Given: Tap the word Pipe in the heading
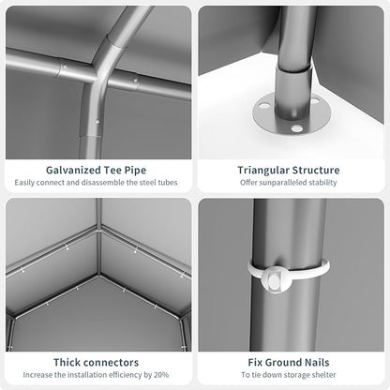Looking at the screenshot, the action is pyautogui.click(x=135, y=171).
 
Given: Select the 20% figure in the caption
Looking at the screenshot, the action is pyautogui.click(x=161, y=375).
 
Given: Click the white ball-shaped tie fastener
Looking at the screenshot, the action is pyautogui.click(x=275, y=280).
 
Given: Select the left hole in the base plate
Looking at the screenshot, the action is pyautogui.click(x=265, y=106).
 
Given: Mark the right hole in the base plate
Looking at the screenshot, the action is pyautogui.click(x=315, y=101).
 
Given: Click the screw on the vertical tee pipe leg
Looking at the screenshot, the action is pyautogui.click(x=97, y=121).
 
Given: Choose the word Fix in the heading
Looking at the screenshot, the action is pyautogui.click(x=255, y=363).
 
